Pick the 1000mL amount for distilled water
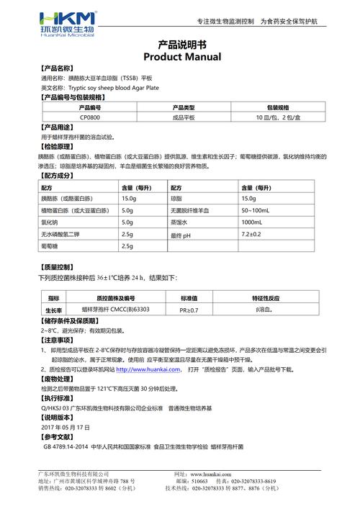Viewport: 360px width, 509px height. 253,222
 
